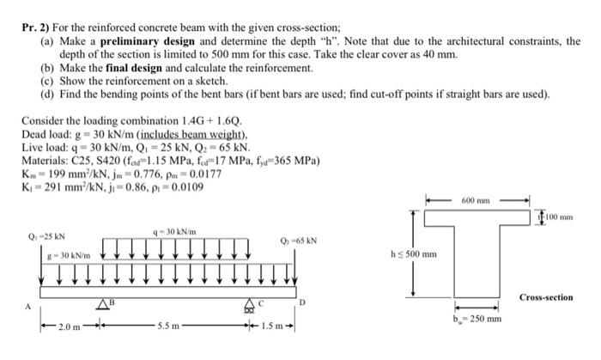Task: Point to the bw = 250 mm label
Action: click(477, 319)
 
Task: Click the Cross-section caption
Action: click(546, 297)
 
